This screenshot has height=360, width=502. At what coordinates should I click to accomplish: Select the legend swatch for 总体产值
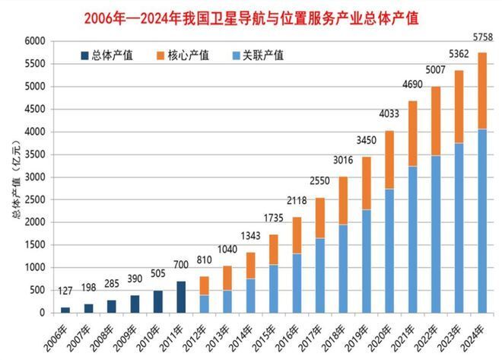[84, 56]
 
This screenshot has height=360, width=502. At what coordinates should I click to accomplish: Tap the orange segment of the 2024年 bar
[482, 91]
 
